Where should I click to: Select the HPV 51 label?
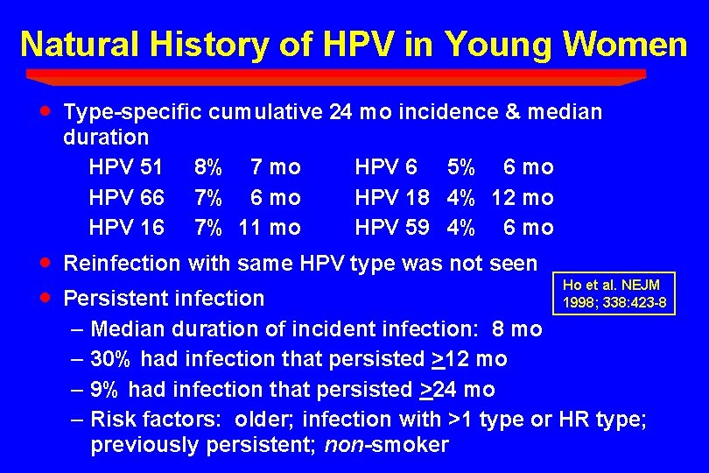tap(126, 166)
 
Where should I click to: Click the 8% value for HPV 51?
tap(208, 166)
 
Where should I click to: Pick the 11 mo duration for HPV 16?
tap(270, 228)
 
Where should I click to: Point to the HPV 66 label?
tap(126, 197)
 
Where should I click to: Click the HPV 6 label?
tap(386, 166)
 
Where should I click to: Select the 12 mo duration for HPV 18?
tap(523, 197)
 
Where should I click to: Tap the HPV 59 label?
tap(391, 228)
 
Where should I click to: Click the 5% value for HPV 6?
tap(461, 166)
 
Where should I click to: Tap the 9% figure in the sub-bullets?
tap(106, 389)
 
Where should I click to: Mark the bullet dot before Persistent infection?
tap(46, 297)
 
